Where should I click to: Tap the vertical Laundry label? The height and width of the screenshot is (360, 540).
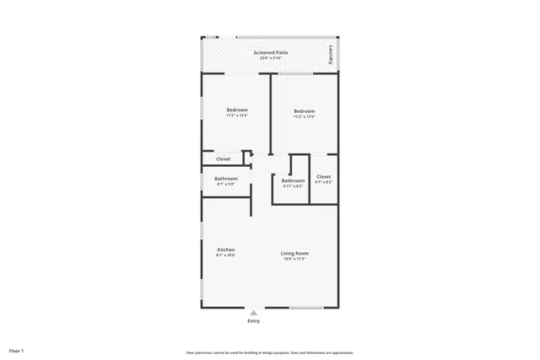coord(330,56)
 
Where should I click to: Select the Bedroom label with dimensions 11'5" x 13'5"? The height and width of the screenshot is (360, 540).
coord(237,111)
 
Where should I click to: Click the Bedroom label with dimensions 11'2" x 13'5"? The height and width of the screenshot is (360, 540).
coord(304,111)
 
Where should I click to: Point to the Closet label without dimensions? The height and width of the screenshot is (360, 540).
coord(224,159)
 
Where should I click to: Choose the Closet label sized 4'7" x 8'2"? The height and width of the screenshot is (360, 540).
coord(324,176)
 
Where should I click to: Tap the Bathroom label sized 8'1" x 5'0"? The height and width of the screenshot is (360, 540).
coord(226,178)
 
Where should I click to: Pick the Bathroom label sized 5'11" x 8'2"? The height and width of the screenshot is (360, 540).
coord(293,180)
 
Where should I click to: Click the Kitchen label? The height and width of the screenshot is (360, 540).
coord(226,250)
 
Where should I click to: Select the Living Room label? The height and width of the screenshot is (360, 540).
coord(294,253)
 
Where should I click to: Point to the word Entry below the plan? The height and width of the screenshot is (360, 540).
coord(253,321)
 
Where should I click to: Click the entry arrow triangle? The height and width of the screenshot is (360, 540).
coord(253,313)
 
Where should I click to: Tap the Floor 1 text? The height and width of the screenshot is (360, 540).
coord(17,350)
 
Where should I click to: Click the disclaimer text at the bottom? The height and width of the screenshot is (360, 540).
coord(269,352)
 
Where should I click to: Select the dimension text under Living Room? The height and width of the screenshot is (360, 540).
coord(294,258)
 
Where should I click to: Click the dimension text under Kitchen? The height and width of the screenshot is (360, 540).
coord(226,255)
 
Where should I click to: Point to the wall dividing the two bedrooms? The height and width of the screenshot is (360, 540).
coord(270,114)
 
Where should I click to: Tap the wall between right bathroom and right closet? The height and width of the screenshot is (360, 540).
coord(310,179)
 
